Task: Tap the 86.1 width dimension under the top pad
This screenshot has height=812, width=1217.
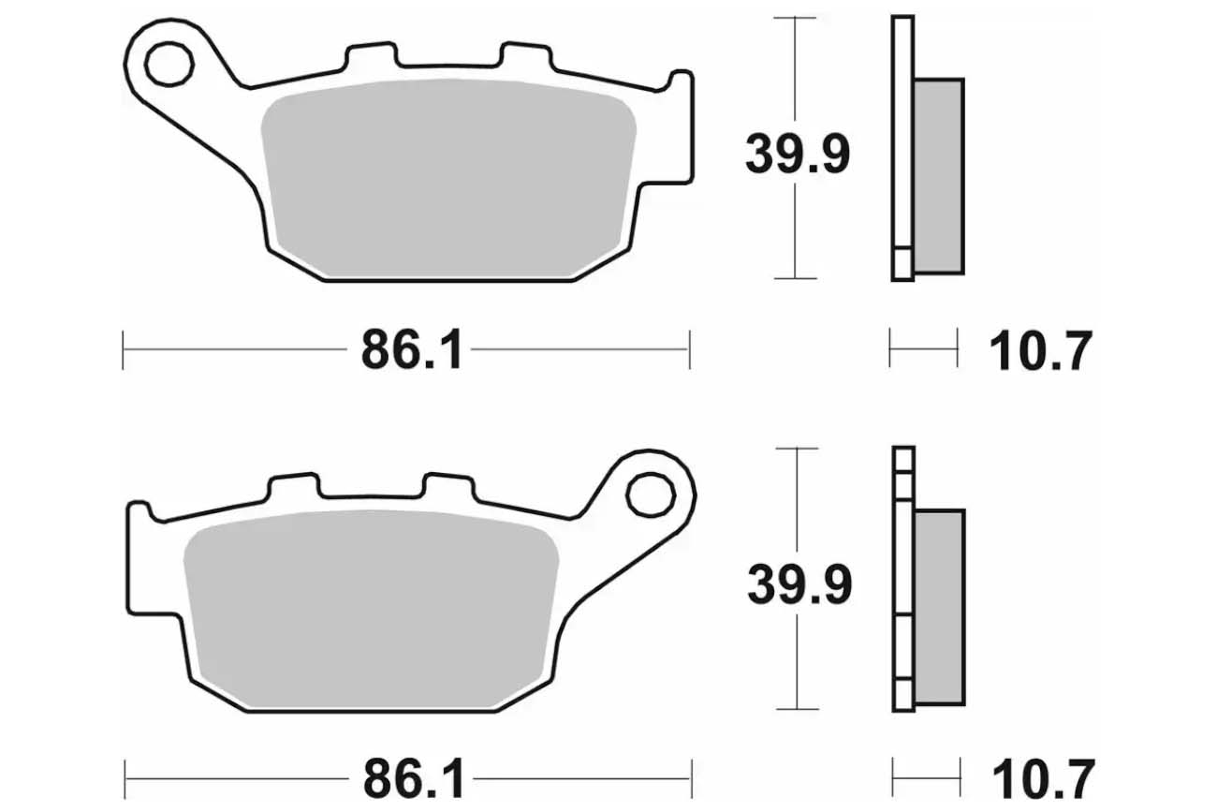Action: pos(412,349)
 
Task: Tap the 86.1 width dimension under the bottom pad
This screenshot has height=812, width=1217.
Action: pos(414,779)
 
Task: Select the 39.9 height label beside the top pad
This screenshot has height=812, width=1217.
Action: pos(798,155)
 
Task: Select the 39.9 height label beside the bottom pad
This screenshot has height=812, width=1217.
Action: pos(799,584)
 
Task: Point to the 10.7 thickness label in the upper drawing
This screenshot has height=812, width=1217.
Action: pos(1040,350)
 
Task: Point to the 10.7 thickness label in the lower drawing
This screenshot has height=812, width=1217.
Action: pos(1043,779)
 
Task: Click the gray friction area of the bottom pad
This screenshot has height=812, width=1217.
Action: pos(371,609)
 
